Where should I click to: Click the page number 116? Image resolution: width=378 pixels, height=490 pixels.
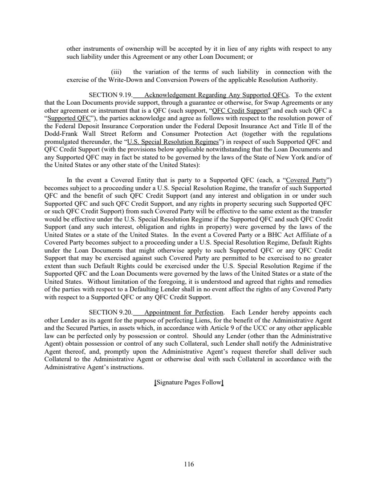[189, 464]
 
